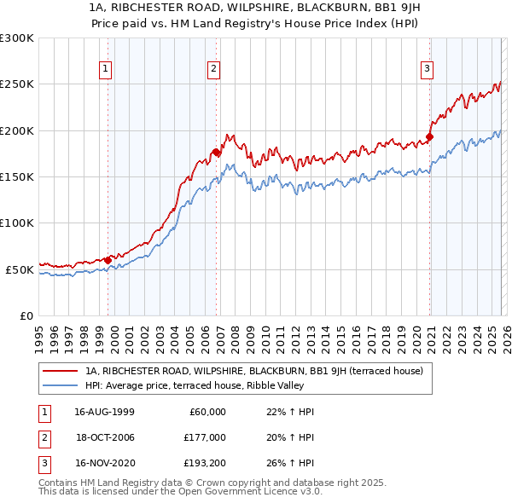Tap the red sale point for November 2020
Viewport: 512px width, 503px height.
(429, 136)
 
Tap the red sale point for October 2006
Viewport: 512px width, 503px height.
(217, 152)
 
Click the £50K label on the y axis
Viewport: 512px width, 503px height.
(20, 269)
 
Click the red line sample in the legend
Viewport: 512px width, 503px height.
(60, 371)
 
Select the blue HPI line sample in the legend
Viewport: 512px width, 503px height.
(60, 384)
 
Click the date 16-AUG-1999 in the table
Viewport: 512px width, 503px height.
(104, 412)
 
